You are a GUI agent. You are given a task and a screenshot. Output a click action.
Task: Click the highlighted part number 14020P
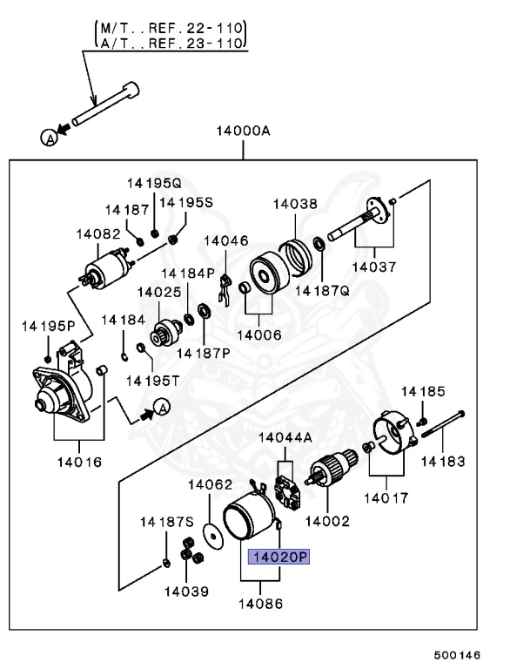tap(279, 557)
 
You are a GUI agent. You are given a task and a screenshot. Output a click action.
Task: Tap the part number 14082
tap(92, 233)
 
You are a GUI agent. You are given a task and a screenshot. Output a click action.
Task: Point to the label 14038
tap(295, 204)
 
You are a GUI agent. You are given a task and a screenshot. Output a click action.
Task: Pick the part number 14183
tap(443, 461)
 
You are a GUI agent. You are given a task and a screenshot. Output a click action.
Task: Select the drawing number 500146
tap(457, 653)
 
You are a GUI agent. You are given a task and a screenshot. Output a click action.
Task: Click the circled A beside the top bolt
tap(50, 136)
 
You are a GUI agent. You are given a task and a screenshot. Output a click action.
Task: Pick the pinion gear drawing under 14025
tap(161, 333)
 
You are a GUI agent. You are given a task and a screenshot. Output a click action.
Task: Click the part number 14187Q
tap(320, 291)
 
